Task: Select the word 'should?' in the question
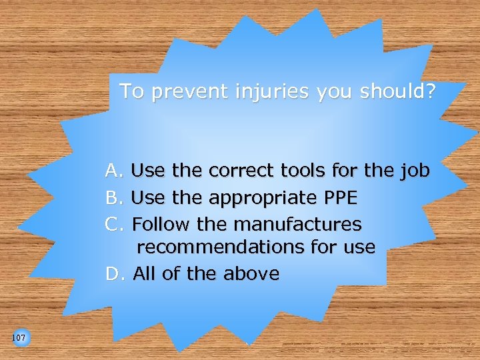(x=396, y=91)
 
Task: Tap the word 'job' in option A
(x=415, y=172)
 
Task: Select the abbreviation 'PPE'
(x=339, y=198)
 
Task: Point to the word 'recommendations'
(x=221, y=247)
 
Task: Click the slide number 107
(x=19, y=338)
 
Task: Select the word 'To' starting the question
(x=131, y=91)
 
